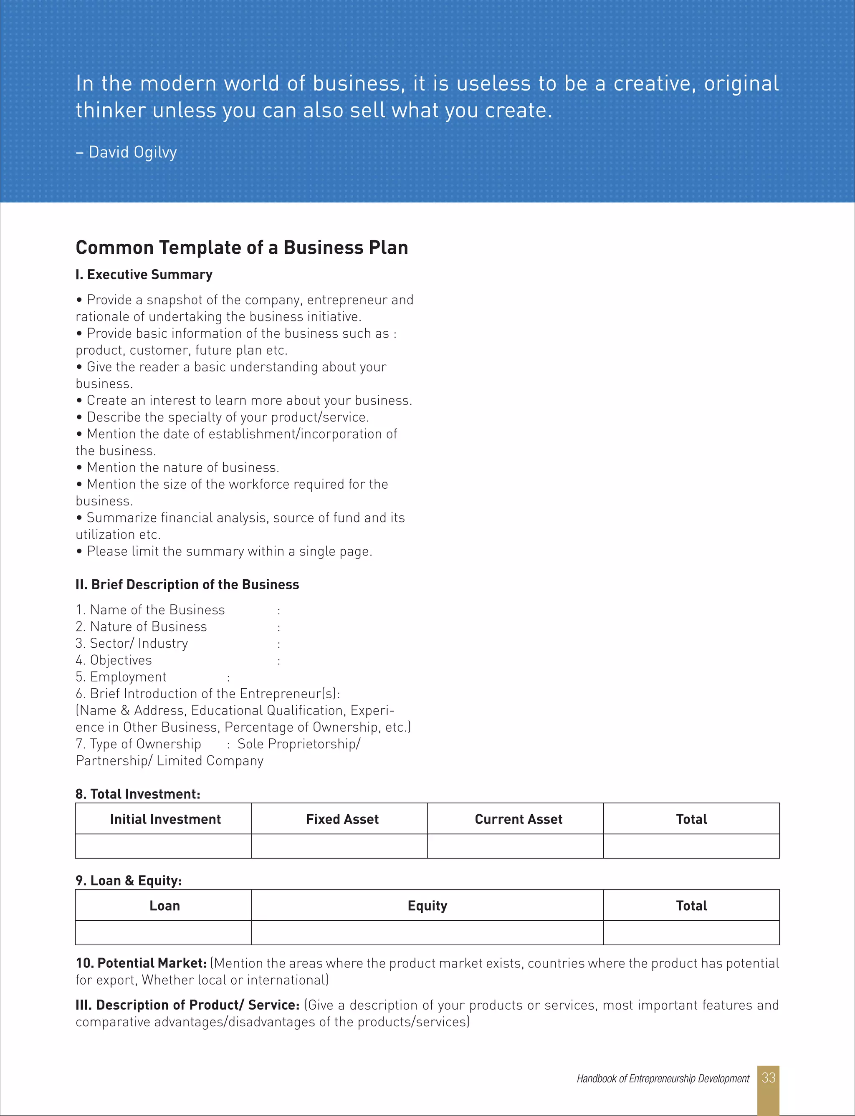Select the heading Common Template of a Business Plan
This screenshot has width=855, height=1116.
point(242,248)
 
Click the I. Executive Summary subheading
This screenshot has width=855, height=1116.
point(144,275)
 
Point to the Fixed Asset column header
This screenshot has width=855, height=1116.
point(342,819)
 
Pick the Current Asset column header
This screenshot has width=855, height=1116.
point(518,819)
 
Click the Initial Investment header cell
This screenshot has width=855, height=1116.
point(165,819)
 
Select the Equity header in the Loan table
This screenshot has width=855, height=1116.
point(427,905)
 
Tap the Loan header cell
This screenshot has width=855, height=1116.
point(164,905)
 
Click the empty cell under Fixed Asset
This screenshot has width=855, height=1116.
point(339,846)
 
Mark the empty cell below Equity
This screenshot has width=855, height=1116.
point(427,932)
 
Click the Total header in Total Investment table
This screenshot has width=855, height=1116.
point(691,819)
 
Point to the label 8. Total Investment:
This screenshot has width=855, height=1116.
point(138,794)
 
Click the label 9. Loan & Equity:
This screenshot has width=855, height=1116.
point(129,881)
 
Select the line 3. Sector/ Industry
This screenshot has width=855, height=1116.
point(132,644)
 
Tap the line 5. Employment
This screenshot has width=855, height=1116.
point(121,677)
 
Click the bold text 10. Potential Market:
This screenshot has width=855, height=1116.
point(141,963)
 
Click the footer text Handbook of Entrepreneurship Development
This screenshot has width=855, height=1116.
point(663,1078)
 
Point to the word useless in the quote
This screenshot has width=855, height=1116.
point(493,84)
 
